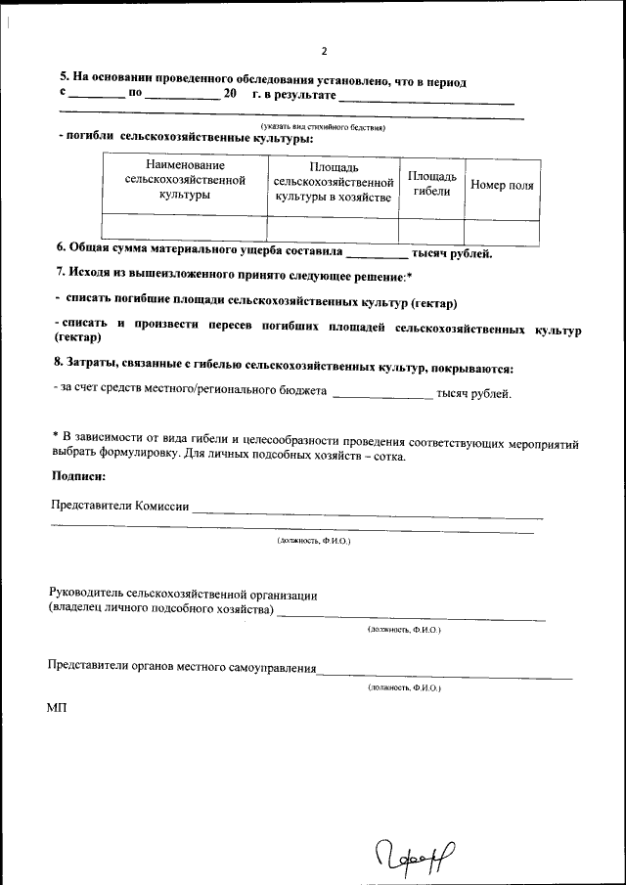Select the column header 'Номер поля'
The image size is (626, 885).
(x=502, y=185)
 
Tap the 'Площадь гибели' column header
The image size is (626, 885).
(x=431, y=184)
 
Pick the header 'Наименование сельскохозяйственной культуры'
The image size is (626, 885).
(x=185, y=181)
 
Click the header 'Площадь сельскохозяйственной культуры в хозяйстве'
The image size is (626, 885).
(x=333, y=183)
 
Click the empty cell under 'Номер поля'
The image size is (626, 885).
(x=502, y=228)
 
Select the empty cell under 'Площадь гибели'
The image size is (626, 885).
(x=431, y=228)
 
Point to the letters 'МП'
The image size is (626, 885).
(x=58, y=708)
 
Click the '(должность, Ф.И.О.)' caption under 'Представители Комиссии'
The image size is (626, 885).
(x=313, y=540)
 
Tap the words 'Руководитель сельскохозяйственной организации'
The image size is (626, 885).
(x=183, y=594)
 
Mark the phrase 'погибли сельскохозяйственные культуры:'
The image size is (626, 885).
(x=185, y=138)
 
